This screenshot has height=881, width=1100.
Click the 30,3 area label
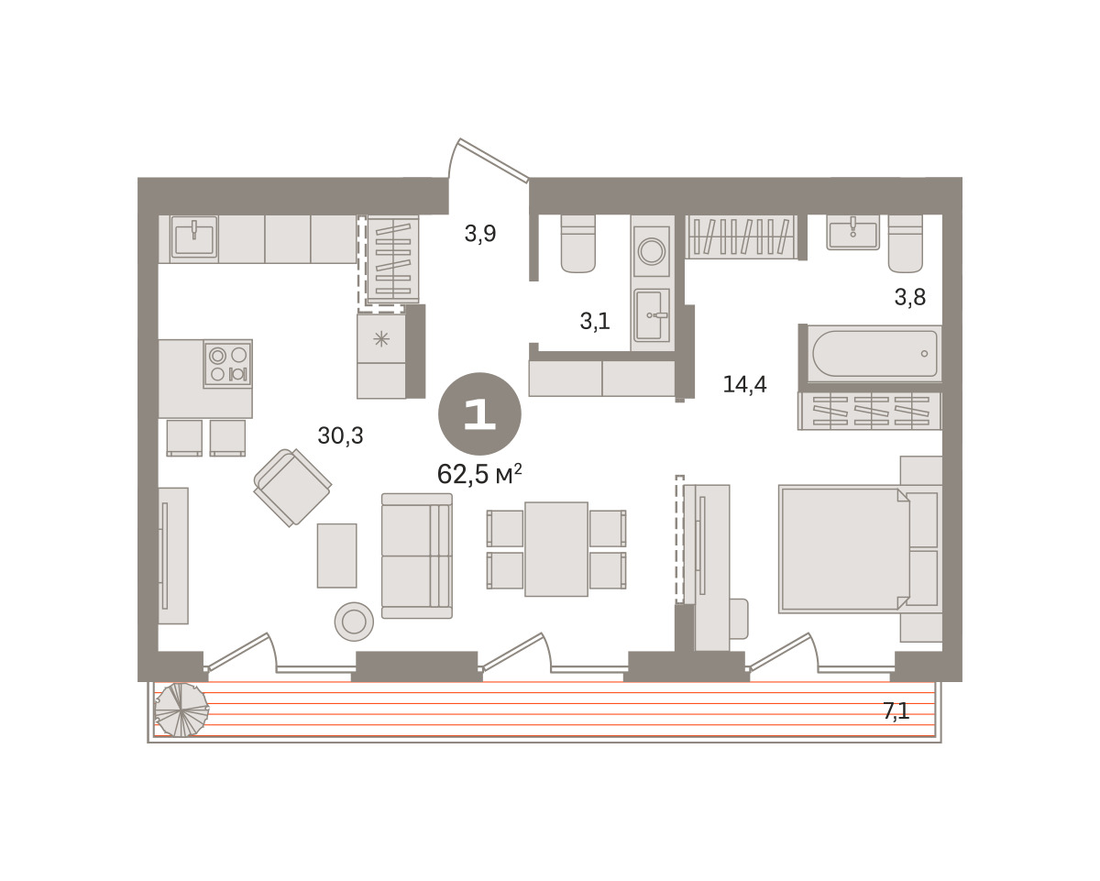[x=340, y=435]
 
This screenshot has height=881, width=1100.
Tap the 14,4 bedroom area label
[x=744, y=384]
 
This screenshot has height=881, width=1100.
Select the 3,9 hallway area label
[x=480, y=233]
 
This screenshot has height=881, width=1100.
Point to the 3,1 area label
[x=595, y=321]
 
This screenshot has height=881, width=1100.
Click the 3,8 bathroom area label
[x=910, y=296]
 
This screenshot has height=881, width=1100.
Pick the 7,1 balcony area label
[x=896, y=710]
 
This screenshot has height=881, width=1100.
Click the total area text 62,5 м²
[x=479, y=474]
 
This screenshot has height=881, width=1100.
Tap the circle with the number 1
[x=479, y=413]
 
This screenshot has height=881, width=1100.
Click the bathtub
[x=874, y=354]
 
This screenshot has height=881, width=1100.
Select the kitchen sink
[x=194, y=237]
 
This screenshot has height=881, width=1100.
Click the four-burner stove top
[x=228, y=364]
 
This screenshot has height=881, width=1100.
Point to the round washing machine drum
[x=652, y=251]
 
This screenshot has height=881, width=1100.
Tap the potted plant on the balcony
[x=181, y=710]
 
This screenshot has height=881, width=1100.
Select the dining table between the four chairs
[x=556, y=549]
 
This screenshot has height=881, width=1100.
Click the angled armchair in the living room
[x=292, y=488]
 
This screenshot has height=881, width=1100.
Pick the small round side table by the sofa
[x=354, y=622]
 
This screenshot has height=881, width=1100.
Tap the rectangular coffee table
[x=336, y=556]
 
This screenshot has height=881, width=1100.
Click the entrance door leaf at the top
[x=494, y=160]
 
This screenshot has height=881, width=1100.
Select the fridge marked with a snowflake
[x=381, y=339]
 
